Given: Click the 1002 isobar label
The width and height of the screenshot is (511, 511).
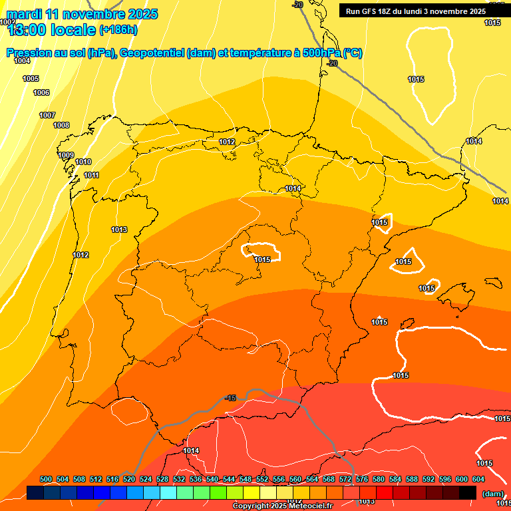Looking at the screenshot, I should (x=7, y=22).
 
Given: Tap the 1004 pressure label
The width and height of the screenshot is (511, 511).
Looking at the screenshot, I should (x=23, y=61).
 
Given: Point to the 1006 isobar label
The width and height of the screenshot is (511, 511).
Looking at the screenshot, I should (x=41, y=92).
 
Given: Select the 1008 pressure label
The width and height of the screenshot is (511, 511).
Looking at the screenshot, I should (x=61, y=125).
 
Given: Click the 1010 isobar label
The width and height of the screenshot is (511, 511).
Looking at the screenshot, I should (x=83, y=162).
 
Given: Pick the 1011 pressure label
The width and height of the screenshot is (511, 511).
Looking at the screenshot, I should (x=91, y=175).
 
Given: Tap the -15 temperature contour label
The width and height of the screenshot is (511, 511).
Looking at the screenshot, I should (x=230, y=398).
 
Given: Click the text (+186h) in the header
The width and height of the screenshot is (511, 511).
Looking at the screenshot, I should (x=118, y=29).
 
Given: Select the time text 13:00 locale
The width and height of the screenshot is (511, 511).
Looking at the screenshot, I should (x=51, y=29).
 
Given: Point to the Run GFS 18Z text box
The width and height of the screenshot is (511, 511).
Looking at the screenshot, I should (x=415, y=11).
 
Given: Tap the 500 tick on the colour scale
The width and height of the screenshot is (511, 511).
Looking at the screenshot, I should (x=46, y=479).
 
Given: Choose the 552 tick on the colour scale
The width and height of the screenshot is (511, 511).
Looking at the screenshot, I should (x=262, y=479).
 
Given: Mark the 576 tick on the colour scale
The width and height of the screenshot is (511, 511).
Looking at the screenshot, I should (x=362, y=479).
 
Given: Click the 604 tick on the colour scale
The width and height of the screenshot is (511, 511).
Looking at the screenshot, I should (x=478, y=479).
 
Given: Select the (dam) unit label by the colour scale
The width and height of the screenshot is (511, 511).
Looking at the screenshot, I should (x=492, y=494).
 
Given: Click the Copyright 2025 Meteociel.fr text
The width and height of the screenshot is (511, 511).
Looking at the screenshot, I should (x=282, y=506).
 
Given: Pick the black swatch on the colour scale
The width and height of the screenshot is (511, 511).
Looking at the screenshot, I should (x=468, y=492).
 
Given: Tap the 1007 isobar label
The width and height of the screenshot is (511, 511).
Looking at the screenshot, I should (x=47, y=115).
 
